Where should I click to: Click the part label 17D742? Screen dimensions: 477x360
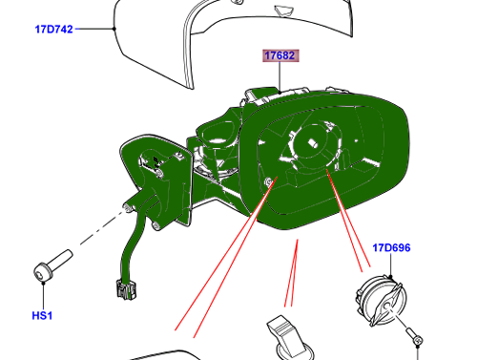pyautogui.click(x=53, y=30)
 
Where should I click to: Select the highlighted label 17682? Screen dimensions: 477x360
pyautogui.click(x=280, y=55)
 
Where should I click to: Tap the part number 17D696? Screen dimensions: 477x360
pyautogui.click(x=391, y=247)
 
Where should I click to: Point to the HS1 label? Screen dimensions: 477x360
pyautogui.click(x=42, y=316)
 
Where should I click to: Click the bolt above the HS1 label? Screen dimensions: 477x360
pyautogui.click(x=52, y=265)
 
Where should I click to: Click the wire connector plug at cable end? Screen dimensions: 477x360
pyautogui.click(x=126, y=289)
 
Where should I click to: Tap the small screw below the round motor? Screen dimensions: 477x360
pyautogui.click(x=415, y=337)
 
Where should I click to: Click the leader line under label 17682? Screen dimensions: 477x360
pyautogui.click(x=280, y=77)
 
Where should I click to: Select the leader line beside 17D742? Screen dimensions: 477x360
pyautogui.click(x=94, y=29)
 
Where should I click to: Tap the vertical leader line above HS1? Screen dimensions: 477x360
pyautogui.click(x=43, y=296)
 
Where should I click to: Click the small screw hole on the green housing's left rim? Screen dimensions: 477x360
pyautogui.click(x=268, y=181)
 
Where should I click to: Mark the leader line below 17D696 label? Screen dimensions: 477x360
pyautogui.click(x=390, y=265)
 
